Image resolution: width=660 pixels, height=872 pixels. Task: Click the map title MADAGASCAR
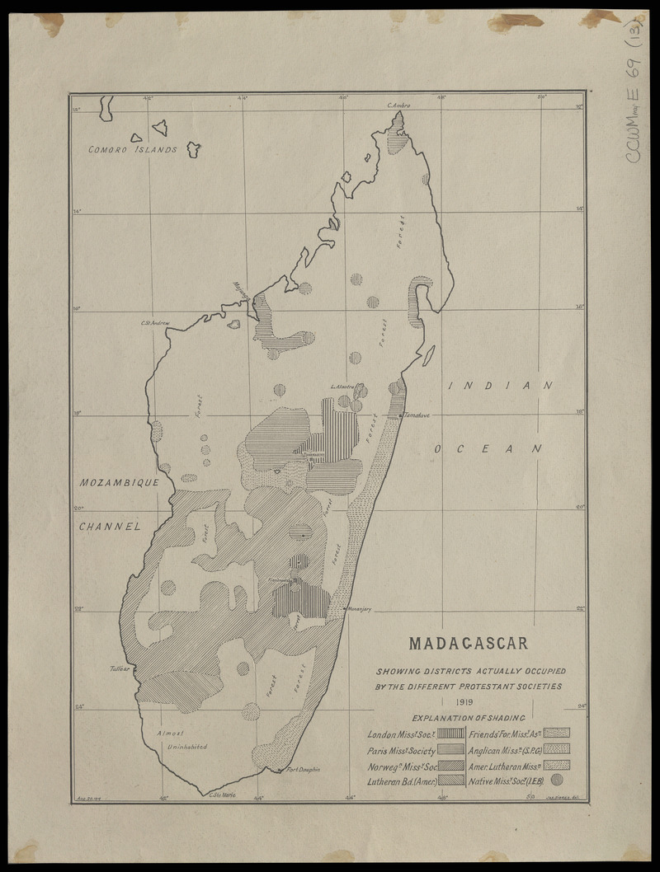coord(469,642)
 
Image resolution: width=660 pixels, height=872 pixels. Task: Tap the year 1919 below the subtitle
coord(469,701)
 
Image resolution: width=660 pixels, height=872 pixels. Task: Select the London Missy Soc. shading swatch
coord(450,732)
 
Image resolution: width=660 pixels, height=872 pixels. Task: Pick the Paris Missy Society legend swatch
coord(450,751)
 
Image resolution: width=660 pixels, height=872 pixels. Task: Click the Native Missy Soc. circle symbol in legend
coord(556,779)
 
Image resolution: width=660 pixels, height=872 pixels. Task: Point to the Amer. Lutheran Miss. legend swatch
coord(557,765)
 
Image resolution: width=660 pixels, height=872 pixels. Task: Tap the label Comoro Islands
coord(134,150)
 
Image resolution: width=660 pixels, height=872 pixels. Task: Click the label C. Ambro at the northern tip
coord(398,105)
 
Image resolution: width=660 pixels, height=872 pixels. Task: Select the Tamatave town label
coord(418,415)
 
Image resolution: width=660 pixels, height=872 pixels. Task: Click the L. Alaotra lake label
coord(342,386)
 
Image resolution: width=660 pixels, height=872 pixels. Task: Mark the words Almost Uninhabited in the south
coord(177,739)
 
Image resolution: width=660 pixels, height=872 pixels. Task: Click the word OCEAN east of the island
coord(488,448)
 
